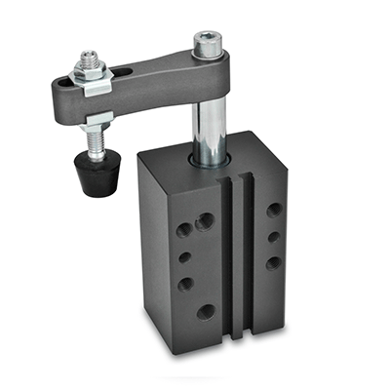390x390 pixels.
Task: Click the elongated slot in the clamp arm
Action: pyautogui.click(x=127, y=75)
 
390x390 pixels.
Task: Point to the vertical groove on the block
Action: pyautogui.click(x=234, y=253)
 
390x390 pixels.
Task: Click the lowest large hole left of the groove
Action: pyautogui.click(x=206, y=312)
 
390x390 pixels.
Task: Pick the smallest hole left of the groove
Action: pyautogui.click(x=186, y=258)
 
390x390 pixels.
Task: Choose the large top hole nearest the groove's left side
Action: pyautogui.click(x=205, y=222)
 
